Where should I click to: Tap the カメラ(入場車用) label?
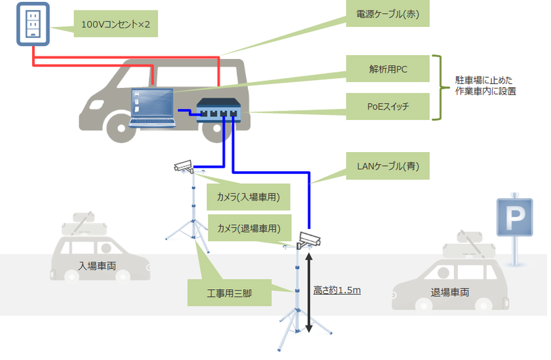[249, 197]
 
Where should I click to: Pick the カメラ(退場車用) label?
[249, 228]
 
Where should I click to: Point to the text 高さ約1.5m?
[337, 289]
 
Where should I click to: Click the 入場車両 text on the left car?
[98, 266]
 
